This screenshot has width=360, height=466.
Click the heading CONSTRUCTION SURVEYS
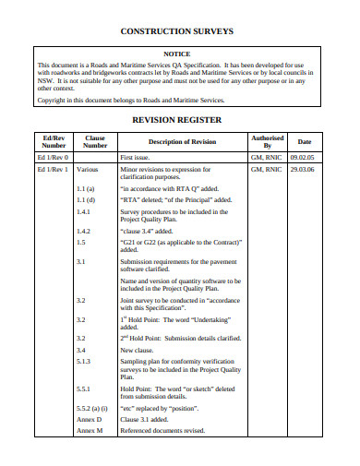pos(177,31)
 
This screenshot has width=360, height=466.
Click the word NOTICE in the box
pos(177,54)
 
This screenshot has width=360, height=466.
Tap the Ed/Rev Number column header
pos(54,141)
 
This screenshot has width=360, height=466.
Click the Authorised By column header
pos(268,141)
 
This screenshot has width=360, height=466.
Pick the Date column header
pos(304,141)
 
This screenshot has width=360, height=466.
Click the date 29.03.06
pos(304,171)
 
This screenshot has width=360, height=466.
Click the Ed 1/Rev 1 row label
pos(54,171)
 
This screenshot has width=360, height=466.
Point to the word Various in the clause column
pos(88,171)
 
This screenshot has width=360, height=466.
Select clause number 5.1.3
pos(84,363)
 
